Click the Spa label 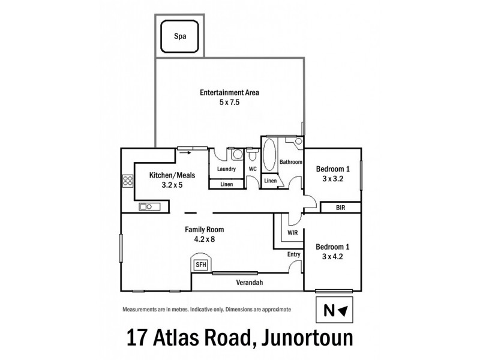[179, 36]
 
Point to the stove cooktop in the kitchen [127, 181]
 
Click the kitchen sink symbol [148, 207]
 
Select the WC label [253, 169]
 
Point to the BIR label [340, 208]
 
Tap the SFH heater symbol [200, 263]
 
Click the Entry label [293, 254]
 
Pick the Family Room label [203, 229]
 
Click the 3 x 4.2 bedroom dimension [332, 257]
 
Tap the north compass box [334, 310]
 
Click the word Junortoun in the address [321, 337]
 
